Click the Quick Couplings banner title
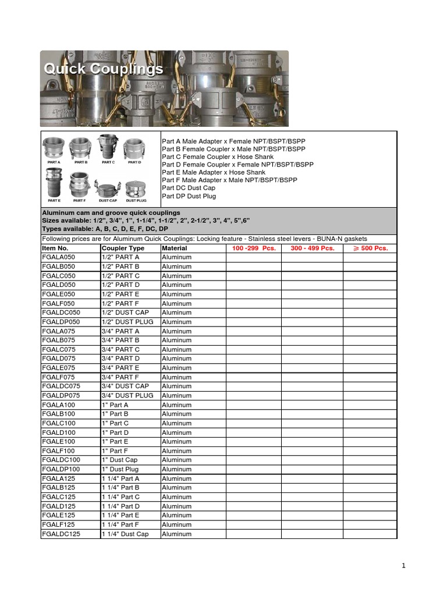pos(104,69)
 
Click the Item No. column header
pos(55,248)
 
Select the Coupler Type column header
pos(123,248)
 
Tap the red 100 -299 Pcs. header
pos(253,248)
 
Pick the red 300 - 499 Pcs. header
pos(312,248)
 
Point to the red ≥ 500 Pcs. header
pos(370,248)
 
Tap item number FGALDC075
pos(61,386)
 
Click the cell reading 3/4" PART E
pos(120,368)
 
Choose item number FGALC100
pos(59,423)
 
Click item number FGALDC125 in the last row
pos(61,534)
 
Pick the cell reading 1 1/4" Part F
pos(120,524)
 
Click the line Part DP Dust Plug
pos(189,196)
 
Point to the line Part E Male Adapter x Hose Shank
pos(214,172)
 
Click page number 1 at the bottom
pos(403,565)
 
